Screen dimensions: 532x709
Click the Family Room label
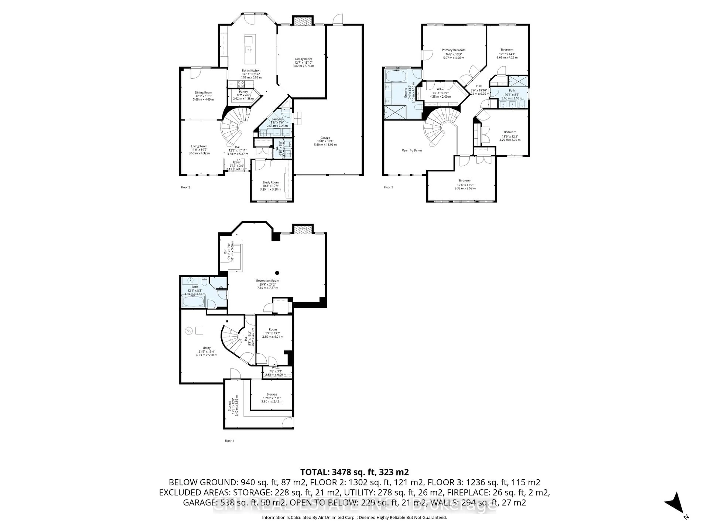tap(303, 59)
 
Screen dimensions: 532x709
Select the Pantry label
tap(243, 92)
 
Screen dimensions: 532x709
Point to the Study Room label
tap(270, 183)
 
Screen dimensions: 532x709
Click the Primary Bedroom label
tap(453, 50)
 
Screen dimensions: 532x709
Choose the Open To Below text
tap(412, 150)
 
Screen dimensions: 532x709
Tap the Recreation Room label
tap(267, 281)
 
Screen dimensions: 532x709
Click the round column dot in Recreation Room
tap(277, 273)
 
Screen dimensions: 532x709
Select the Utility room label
tap(206, 348)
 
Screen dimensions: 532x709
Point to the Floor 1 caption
tap(229, 441)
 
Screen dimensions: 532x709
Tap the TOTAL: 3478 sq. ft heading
tap(354, 472)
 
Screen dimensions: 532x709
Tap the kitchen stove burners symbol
tap(241, 84)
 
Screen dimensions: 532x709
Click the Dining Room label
tap(203, 93)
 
